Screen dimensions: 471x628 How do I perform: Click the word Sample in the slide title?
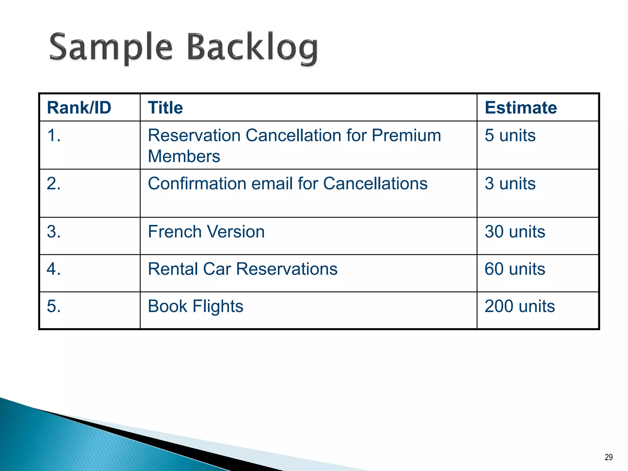point(111,48)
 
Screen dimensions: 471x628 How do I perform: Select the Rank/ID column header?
point(79,108)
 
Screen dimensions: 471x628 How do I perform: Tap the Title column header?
point(165,108)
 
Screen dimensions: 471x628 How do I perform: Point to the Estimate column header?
point(520,108)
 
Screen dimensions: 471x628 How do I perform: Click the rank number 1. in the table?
point(54,135)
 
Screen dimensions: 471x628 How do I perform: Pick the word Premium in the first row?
point(406,135)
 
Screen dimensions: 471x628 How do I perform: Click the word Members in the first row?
point(184,156)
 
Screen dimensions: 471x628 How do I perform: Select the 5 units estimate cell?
point(510,135)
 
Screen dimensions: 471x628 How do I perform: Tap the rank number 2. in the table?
point(54,183)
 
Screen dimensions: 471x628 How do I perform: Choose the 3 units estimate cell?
point(510,183)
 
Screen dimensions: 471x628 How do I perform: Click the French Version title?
point(206,232)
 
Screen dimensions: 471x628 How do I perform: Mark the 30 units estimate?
point(515,232)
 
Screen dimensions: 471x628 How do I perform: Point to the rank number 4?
point(54,269)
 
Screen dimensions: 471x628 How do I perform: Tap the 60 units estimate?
point(515,269)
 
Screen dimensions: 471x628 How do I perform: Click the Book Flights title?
point(195,306)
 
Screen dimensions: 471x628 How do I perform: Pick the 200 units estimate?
point(519,306)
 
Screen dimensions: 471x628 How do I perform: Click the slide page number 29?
point(608,457)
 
